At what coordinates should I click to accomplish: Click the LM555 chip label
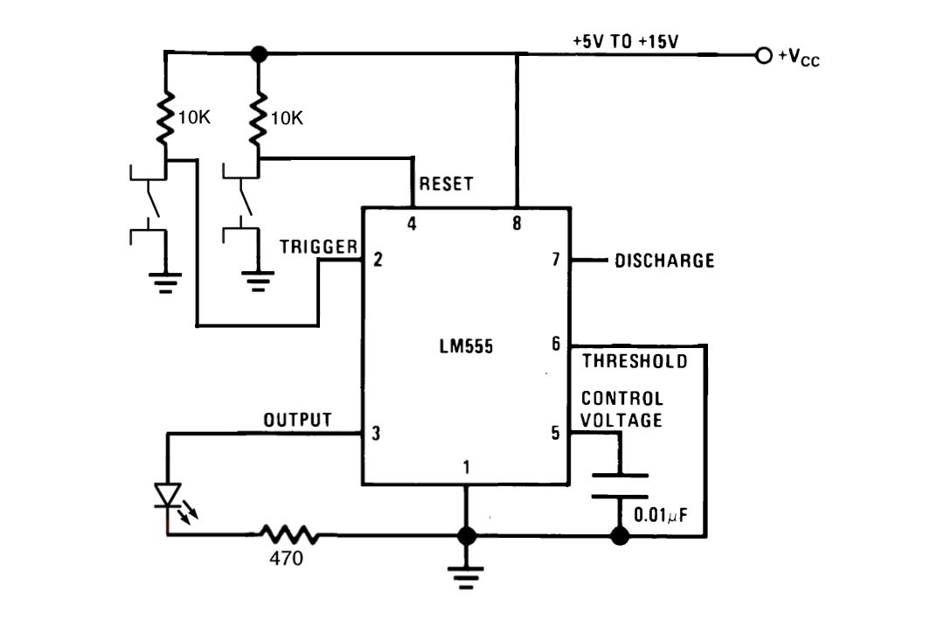[467, 346]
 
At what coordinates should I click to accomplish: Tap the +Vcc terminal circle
[764, 56]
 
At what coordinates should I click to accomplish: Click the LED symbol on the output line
[167, 496]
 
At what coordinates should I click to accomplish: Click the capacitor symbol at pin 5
[620, 486]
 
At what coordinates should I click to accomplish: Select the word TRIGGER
[319, 247]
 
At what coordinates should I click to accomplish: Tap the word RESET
[446, 185]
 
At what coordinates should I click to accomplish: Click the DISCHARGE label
[664, 261]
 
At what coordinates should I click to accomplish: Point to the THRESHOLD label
[635, 361]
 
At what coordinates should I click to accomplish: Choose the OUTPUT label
[298, 421]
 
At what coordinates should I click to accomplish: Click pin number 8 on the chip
[517, 224]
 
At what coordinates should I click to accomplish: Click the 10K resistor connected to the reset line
[258, 122]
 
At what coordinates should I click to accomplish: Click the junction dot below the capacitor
[620, 534]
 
